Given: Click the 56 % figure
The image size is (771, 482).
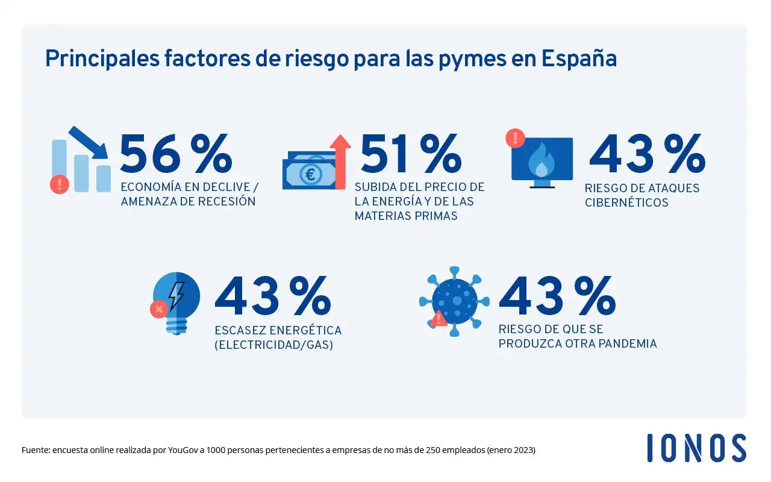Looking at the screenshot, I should pyautogui.click(x=176, y=154).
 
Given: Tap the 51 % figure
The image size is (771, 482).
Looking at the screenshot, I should pyautogui.click(x=411, y=154).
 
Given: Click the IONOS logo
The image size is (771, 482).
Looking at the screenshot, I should pyautogui.click(x=696, y=448).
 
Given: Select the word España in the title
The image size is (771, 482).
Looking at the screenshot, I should pyautogui.click(x=579, y=58).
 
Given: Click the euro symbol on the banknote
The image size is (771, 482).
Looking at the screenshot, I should pyautogui.click(x=311, y=174).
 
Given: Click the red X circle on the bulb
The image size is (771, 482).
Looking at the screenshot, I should pyautogui.click(x=158, y=310).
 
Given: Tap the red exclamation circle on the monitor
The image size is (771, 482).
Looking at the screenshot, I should pyautogui.click(x=515, y=138).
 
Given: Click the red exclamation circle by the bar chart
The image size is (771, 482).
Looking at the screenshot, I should pyautogui.click(x=59, y=184).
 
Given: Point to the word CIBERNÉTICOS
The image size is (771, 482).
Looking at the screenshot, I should pyautogui.click(x=626, y=202).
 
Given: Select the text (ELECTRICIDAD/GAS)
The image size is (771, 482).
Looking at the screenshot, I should pyautogui.click(x=273, y=346).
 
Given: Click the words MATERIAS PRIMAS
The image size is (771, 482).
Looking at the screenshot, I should pyautogui.click(x=406, y=216).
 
